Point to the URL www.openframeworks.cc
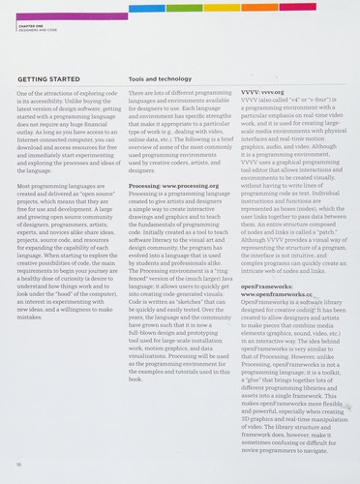tap(276, 292)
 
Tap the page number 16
tap(21, 464)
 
